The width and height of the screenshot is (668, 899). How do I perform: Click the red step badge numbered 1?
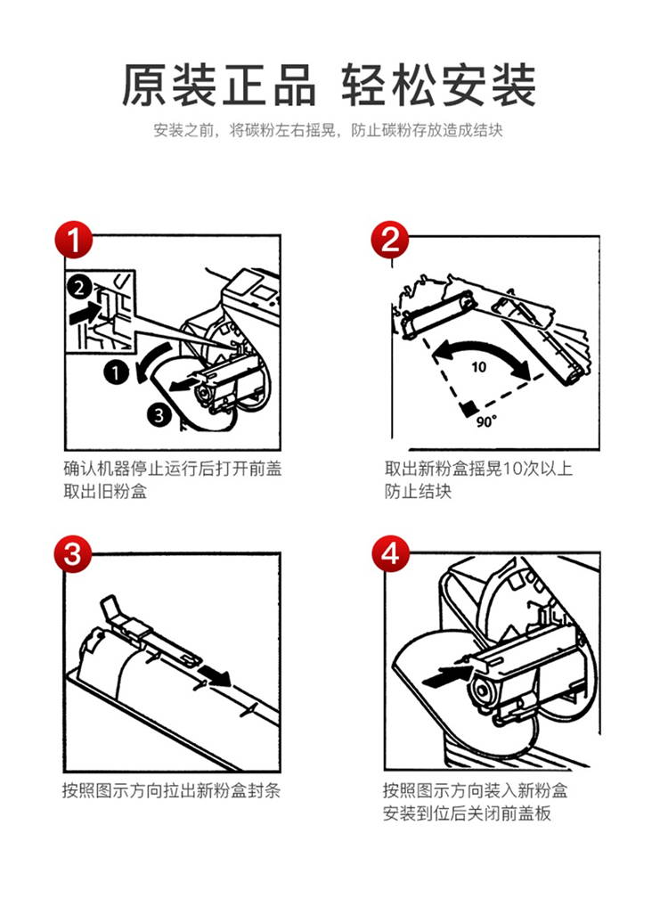(x=73, y=239)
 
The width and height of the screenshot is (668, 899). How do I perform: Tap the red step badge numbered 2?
(x=390, y=239)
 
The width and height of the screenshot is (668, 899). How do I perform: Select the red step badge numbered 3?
(x=73, y=554)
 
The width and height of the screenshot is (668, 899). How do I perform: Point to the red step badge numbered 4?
(x=390, y=554)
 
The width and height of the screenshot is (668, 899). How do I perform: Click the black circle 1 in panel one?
(x=117, y=373)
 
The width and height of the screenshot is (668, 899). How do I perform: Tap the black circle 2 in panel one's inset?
(x=78, y=286)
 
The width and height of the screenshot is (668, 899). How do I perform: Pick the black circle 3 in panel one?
(x=159, y=413)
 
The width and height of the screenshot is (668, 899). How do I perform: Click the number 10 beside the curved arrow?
(x=479, y=366)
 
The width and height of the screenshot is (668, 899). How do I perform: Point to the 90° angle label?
(x=485, y=421)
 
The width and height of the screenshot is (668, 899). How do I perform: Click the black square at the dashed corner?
(x=469, y=408)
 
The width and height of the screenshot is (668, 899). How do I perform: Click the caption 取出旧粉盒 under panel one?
(x=105, y=491)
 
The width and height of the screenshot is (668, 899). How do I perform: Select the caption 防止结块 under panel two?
(x=419, y=491)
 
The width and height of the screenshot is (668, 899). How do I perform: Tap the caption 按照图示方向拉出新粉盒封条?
(x=171, y=790)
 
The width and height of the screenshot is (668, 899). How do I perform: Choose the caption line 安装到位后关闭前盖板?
(x=467, y=813)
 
